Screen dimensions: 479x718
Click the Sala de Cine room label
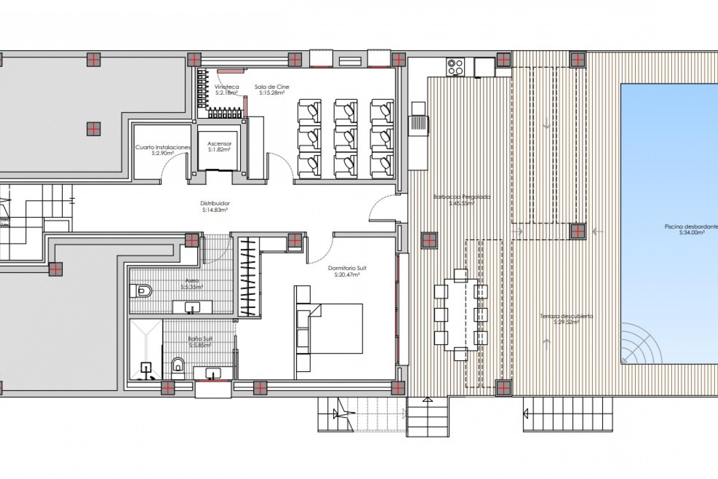pos(272,89)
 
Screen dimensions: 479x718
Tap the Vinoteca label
pos(227,89)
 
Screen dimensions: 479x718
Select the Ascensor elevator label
pos(220,146)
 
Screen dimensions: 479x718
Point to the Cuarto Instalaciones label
pos(163,150)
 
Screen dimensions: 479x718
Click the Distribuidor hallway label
pos(215,207)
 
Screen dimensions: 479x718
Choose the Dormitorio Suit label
pos(347,271)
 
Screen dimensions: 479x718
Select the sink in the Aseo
pos(192,307)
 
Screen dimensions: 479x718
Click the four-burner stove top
pos(455,67)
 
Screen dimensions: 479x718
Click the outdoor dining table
pos(461,314)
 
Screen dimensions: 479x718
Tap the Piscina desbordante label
pos(691,229)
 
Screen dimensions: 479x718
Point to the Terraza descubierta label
pos(566,319)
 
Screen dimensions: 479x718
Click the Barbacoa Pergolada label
pos(461,200)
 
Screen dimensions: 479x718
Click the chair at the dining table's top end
pos(461,275)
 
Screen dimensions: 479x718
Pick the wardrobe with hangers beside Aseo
pos(248,277)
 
